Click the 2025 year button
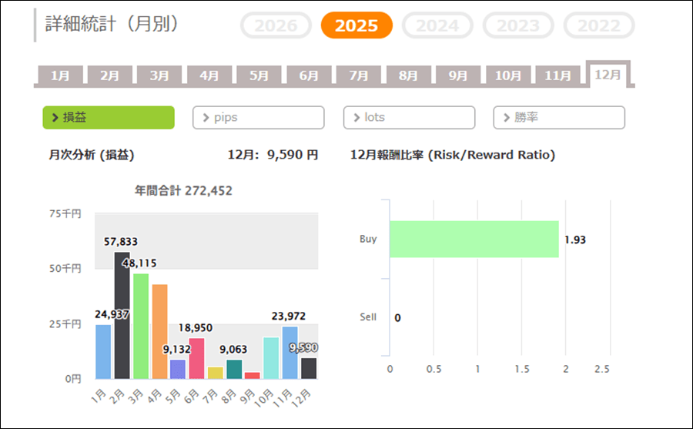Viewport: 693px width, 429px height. pyautogui.click(x=357, y=25)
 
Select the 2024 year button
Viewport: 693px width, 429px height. pyautogui.click(x=437, y=25)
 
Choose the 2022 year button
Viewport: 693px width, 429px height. pyautogui.click(x=599, y=25)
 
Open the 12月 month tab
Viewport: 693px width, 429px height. pyautogui.click(x=608, y=75)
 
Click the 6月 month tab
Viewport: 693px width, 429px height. pyautogui.click(x=309, y=75)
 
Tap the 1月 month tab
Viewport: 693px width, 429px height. pyautogui.click(x=60, y=75)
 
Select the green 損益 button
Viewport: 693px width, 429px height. pyautogui.click(x=108, y=117)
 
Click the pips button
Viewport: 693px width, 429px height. pyautogui.click(x=258, y=117)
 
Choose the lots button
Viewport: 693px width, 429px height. pyautogui.click(x=409, y=117)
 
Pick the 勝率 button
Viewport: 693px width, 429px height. pyautogui.click(x=559, y=117)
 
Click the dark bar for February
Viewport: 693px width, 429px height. pyautogui.click(x=122, y=315)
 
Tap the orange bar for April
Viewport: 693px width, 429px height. pyautogui.click(x=159, y=331)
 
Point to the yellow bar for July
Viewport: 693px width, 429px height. pyautogui.click(x=216, y=373)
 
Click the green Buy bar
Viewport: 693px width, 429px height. pyautogui.click(x=474, y=239)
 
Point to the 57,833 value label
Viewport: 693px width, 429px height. pyautogui.click(x=121, y=242)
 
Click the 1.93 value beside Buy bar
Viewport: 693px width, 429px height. pyautogui.click(x=575, y=240)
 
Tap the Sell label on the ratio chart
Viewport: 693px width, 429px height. pyautogui.click(x=368, y=317)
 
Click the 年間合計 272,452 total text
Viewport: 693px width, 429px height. pyautogui.click(x=183, y=190)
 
